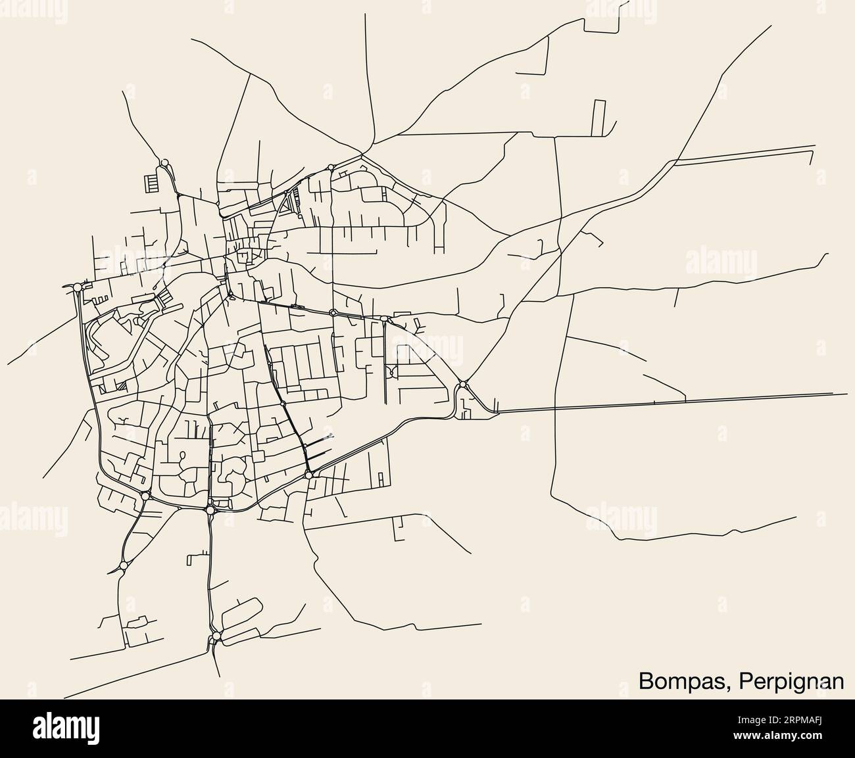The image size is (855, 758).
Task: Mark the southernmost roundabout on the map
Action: pos(216,637)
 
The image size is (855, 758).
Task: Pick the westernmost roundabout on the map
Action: pos(78,287)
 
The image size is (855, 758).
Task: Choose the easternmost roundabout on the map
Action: pos(463,385)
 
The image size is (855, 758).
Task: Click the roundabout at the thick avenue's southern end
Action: pos(308,475)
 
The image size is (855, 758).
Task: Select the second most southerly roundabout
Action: pos(123,565)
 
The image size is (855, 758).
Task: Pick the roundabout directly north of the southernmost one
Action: pos(210,509)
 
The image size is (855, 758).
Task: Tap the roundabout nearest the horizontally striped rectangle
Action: pos(164,162)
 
